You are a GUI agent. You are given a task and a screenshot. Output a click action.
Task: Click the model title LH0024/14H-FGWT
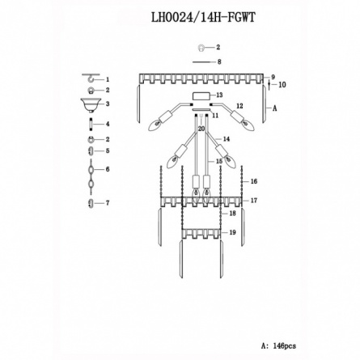(203, 18)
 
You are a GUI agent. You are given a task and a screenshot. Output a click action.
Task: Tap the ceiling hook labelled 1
(91, 78)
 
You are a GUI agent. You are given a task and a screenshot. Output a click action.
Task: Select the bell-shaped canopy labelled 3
(91, 105)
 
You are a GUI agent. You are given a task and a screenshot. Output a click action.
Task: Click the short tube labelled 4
(91, 124)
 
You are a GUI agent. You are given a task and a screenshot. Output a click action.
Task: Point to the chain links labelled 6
(91, 176)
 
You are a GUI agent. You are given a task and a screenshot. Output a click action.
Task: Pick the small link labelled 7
(91, 203)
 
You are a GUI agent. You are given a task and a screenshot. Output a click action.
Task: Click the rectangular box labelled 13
(201, 96)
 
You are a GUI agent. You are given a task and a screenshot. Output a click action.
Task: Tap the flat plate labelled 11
(201, 109)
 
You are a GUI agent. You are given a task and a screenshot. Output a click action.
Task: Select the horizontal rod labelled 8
(201, 62)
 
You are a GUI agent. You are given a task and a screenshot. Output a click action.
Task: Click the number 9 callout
(273, 77)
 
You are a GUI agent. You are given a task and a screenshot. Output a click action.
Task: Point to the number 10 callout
(282, 85)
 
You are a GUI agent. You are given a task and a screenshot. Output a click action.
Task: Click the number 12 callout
(239, 106)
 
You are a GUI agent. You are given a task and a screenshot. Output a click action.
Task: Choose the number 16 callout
(254, 181)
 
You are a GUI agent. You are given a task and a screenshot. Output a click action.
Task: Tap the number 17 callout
(254, 201)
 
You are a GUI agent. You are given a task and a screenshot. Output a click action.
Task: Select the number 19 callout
(232, 232)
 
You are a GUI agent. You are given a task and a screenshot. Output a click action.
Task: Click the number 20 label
(201, 129)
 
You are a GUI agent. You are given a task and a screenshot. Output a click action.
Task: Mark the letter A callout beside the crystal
(274, 108)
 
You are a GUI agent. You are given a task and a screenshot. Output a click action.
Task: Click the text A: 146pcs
(278, 345)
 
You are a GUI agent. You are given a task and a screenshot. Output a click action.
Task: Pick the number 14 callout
(227, 139)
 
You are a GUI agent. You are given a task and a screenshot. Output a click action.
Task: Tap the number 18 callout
(232, 214)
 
